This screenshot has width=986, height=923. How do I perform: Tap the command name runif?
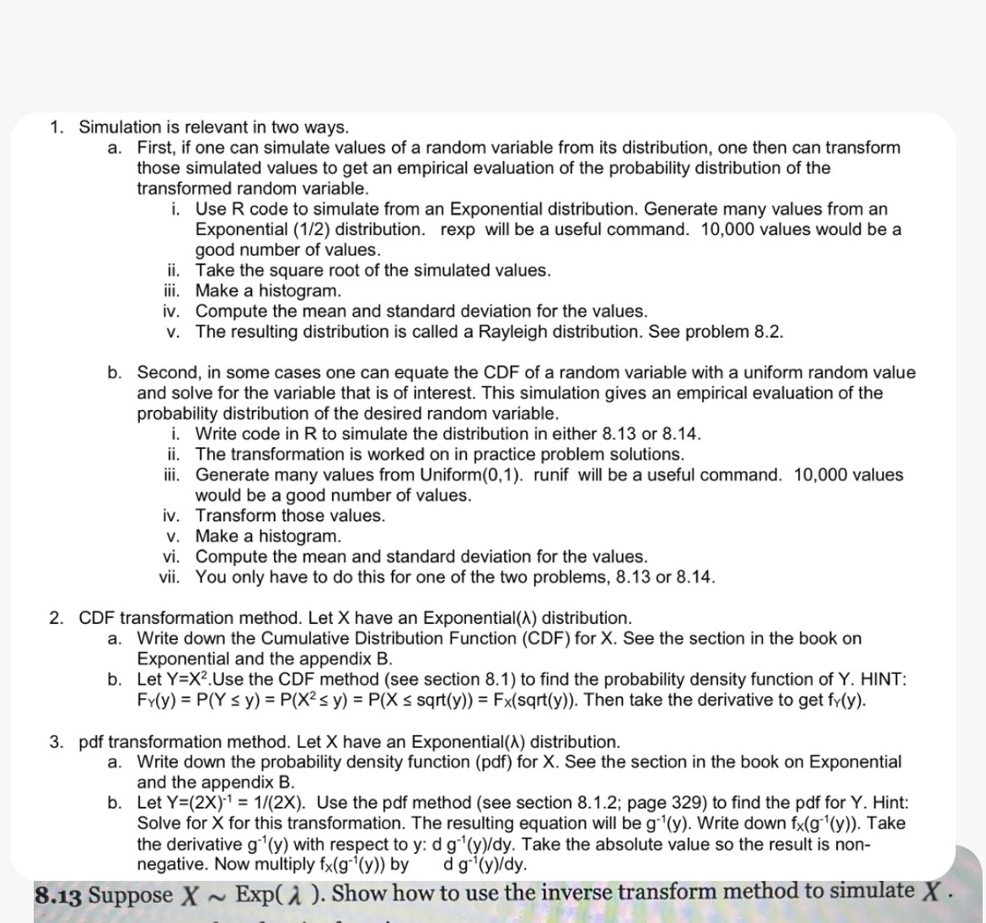[551, 475]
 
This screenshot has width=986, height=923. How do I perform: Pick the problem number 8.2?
[767, 331]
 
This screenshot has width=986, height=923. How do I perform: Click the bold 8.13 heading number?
[58, 895]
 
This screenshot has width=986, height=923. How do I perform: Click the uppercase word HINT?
[882, 680]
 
